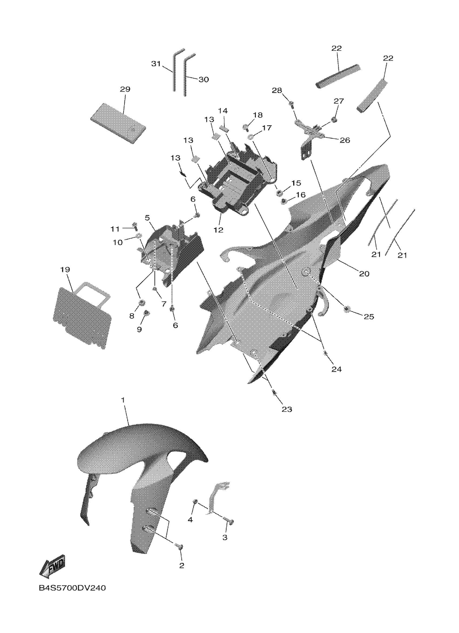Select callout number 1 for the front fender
123,400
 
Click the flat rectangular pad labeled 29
118,123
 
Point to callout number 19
65,270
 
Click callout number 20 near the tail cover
364,274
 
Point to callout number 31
156,64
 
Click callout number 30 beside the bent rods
204,80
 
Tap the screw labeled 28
291,104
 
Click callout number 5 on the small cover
147,217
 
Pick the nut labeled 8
142,303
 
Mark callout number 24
336,369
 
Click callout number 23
287,409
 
